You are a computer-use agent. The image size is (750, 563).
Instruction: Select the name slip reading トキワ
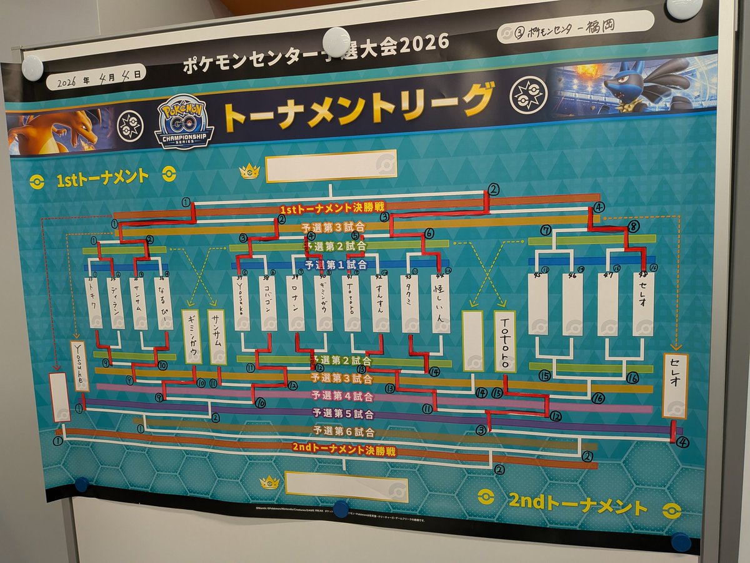(x=94, y=303)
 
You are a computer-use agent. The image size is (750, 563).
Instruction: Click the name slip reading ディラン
(x=116, y=303)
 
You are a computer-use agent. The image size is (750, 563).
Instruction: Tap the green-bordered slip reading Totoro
(x=505, y=342)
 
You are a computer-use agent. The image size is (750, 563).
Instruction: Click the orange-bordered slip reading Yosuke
(x=79, y=366)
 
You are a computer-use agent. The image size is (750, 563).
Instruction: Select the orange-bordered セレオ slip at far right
(x=676, y=385)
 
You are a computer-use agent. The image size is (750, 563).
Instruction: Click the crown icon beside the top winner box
(x=249, y=170)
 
